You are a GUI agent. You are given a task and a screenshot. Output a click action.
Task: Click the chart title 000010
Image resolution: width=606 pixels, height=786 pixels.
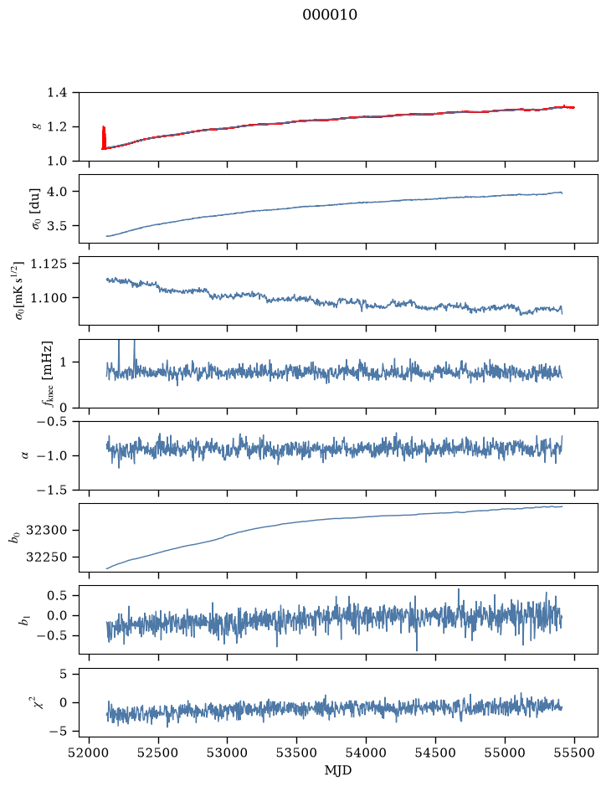pyautogui.click(x=330, y=15)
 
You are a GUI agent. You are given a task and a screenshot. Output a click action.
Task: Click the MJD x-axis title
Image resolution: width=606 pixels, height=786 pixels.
pyautogui.click(x=338, y=770)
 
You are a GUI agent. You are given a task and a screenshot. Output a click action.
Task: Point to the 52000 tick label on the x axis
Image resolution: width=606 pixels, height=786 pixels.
pyautogui.click(x=90, y=753)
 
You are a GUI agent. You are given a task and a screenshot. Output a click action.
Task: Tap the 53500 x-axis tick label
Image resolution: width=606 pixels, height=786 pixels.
pyautogui.click(x=297, y=753)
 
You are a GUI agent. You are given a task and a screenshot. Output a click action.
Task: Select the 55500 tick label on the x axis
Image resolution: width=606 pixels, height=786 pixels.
pyautogui.click(x=574, y=753)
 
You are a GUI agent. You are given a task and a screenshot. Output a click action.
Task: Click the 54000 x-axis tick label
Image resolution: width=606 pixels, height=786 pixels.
pyautogui.click(x=366, y=753)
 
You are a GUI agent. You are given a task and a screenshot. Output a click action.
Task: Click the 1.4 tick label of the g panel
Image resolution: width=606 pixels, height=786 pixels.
pyautogui.click(x=57, y=93)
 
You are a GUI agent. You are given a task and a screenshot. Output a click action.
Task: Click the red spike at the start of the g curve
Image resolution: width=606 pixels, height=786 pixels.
pyautogui.click(x=104, y=137)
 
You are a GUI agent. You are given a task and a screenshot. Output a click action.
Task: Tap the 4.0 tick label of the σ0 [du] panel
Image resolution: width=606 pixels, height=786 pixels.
pyautogui.click(x=57, y=192)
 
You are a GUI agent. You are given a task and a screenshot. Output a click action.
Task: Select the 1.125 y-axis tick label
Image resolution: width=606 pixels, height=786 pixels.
pyautogui.click(x=49, y=264)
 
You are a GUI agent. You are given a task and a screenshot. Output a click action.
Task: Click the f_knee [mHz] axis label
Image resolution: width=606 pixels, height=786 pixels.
pyautogui.click(x=47, y=374)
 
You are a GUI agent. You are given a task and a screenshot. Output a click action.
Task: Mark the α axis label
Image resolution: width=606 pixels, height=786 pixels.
pyautogui.click(x=25, y=455)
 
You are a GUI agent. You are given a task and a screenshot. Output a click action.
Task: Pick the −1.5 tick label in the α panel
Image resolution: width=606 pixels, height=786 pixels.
pyautogui.click(x=52, y=490)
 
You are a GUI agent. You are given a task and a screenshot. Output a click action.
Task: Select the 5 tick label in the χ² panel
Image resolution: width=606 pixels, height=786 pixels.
pyautogui.click(x=63, y=674)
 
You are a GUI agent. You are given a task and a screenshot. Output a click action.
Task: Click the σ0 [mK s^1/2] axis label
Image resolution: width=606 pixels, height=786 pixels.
pyautogui.click(x=21, y=290)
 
